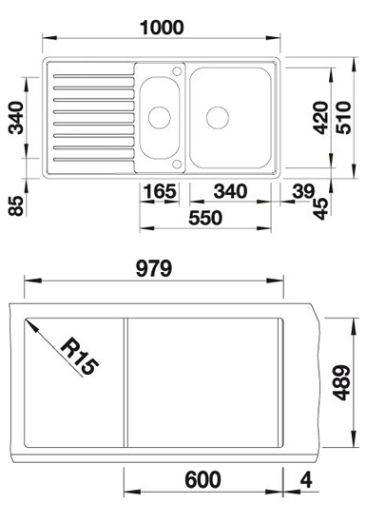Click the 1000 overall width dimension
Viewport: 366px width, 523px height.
pyautogui.click(x=162, y=28)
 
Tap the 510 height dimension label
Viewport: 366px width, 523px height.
pyautogui.click(x=343, y=118)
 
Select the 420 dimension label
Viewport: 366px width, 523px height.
pyautogui.click(x=321, y=118)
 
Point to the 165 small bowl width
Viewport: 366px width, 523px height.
pyautogui.click(x=160, y=191)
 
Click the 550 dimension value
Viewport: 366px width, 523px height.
pyautogui.click(x=205, y=218)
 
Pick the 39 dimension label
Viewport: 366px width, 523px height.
pyautogui.click(x=303, y=191)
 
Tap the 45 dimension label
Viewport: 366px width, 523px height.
pyautogui.click(x=321, y=209)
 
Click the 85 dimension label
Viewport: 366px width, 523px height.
pyautogui.click(x=16, y=205)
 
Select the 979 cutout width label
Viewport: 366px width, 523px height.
pyautogui.click(x=154, y=268)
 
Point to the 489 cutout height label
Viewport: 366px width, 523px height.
pyautogui.click(x=342, y=382)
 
